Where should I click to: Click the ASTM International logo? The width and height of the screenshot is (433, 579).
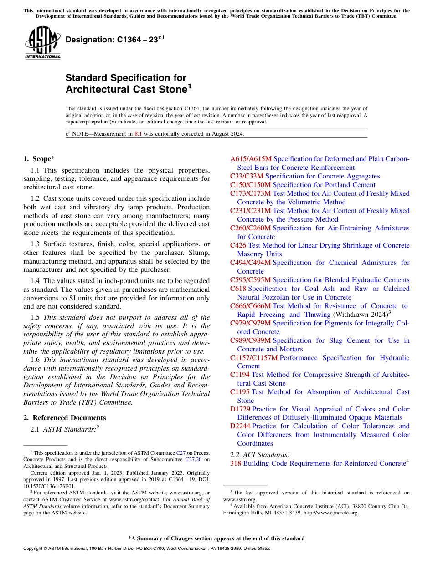point(42,43)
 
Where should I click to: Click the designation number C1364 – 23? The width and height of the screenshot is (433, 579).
point(112,40)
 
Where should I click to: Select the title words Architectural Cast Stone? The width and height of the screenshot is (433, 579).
point(126,89)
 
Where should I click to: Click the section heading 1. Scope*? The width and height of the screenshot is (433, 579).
point(39,159)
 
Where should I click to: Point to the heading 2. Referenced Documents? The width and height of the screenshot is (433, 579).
point(64,418)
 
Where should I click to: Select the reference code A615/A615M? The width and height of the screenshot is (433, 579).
point(250,159)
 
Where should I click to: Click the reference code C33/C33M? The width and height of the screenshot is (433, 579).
point(247,176)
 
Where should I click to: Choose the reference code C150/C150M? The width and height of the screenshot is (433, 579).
point(250,185)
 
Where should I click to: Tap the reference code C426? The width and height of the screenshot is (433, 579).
point(238,245)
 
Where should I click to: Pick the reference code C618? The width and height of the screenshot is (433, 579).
point(238,289)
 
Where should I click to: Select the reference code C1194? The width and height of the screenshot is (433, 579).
point(240,375)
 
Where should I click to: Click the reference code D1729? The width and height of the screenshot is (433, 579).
point(240,409)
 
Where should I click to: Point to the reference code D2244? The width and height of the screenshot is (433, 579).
point(240,426)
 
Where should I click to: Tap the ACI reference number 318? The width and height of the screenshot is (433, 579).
point(235,463)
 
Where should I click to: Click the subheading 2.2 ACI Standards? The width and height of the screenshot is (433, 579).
point(260,454)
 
